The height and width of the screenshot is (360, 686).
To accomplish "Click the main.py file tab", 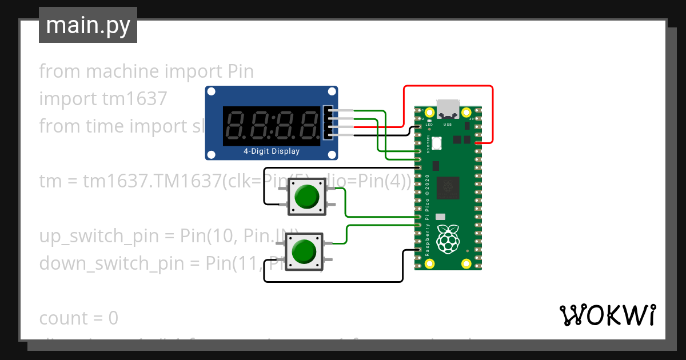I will pos(87,25).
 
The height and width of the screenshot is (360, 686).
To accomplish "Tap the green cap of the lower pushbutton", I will pos(304,251).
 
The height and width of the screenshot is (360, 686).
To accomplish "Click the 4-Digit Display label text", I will pos(272,151).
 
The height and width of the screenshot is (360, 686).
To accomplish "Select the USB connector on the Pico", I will pos(448,109).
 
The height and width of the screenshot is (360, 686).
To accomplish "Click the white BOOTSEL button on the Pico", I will pos(437,144).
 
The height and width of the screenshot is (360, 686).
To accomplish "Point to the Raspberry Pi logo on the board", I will pos(448,239).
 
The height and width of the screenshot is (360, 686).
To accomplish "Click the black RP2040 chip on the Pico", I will pos(448,188).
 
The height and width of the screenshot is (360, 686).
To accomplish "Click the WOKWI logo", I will pos(607,315).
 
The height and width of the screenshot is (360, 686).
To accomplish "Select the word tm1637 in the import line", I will pos(134,99).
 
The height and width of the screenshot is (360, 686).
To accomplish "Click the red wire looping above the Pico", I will pos(448,86).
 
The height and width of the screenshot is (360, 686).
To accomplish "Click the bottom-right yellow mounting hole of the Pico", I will pos(466,263).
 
